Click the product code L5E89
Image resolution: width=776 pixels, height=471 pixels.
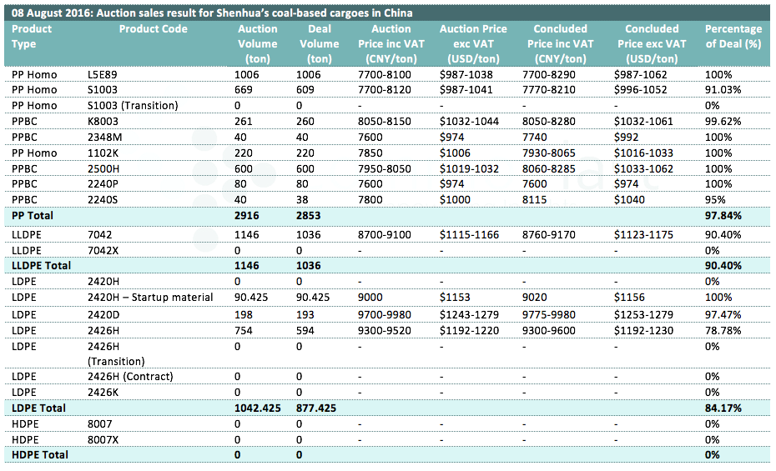coord(103,75)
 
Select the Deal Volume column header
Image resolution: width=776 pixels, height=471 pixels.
coord(320,43)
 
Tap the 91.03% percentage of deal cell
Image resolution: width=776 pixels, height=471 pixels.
coord(723,90)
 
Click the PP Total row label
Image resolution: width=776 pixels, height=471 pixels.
coord(33,215)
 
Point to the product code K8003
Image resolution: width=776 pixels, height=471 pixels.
coord(103,122)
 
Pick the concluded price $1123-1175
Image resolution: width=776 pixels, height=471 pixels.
coord(643,235)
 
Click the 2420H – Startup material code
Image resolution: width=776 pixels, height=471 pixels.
coord(150,298)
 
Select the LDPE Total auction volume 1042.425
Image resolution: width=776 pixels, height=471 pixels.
coord(257,408)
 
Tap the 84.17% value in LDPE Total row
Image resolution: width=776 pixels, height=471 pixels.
coord(723,408)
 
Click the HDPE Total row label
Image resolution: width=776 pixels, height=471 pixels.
coord(40,454)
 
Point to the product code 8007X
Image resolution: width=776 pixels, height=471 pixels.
coord(103,440)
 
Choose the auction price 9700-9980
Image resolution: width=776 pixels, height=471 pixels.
coord(385,315)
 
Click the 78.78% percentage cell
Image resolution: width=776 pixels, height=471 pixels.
coord(723,331)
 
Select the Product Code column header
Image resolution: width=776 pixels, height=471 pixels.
coord(154,28)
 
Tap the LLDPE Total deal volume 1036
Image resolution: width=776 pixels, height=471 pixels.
coord(309,265)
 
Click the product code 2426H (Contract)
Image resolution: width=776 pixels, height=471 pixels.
coord(131,377)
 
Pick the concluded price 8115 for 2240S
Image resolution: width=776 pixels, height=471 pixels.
coord(535,200)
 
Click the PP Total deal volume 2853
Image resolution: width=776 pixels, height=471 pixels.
coord(309,215)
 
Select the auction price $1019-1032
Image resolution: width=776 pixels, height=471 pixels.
coord(469,169)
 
